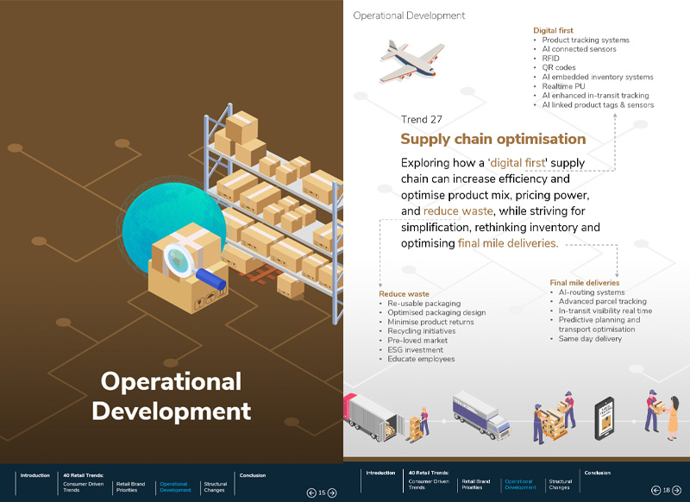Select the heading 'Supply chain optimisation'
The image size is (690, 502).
click(x=492, y=139)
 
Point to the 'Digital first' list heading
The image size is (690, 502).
click(x=553, y=30)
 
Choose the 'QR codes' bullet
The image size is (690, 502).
click(x=558, y=68)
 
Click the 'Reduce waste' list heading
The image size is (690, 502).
click(x=404, y=294)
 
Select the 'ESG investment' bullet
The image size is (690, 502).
click(x=415, y=350)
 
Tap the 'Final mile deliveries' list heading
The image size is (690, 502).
click(x=585, y=283)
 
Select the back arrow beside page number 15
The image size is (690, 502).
click(x=311, y=493)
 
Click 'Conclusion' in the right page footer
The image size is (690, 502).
click(x=597, y=473)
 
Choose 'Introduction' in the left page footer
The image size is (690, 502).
click(x=35, y=475)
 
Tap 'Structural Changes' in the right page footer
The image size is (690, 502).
click(x=560, y=484)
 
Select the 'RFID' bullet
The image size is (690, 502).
click(x=550, y=59)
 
